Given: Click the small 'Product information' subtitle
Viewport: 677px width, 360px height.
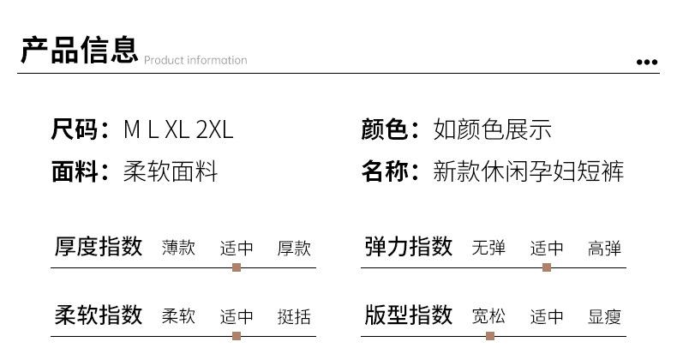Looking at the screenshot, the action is click(195, 60).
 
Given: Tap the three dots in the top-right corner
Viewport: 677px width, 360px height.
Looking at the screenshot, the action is click(648, 62).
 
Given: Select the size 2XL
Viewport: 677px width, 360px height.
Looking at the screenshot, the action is click(214, 129).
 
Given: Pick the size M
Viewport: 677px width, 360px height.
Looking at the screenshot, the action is click(131, 129).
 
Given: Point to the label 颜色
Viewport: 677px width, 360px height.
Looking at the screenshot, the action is click(384, 129).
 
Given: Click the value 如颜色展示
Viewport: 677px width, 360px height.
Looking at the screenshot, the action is click(493, 129).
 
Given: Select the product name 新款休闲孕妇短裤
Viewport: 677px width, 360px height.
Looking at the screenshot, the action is click(530, 171).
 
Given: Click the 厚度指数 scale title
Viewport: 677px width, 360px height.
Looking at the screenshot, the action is click(99, 248).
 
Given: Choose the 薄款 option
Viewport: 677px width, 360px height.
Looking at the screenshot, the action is click(179, 249).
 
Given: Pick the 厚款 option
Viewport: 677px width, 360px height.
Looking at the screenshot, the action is click(294, 249).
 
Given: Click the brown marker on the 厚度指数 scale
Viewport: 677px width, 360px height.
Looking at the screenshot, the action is click(237, 267).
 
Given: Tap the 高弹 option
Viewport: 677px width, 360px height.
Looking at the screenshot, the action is click(604, 249).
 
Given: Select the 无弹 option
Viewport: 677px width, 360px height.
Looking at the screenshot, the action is click(488, 249).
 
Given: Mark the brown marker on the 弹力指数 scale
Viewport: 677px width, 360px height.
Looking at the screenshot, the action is click(547, 267).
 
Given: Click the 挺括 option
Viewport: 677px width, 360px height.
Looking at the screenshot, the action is click(294, 317).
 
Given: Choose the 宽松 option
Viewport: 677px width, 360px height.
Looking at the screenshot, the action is click(488, 317).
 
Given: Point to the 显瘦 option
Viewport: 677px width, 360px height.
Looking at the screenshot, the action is click(604, 317).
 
